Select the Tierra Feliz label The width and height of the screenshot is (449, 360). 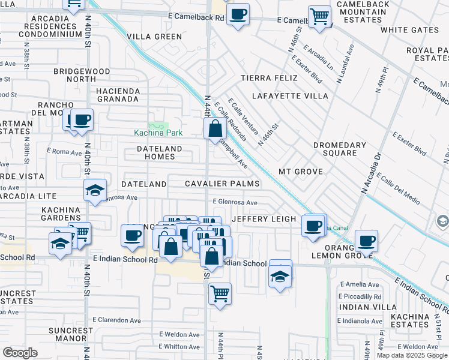pos(269,78)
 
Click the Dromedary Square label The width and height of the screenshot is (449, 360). pos(340,149)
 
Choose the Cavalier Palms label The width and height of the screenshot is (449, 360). pos(222,184)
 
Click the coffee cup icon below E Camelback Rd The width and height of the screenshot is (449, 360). pos(238,13)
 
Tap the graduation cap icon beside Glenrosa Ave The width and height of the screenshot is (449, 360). pos(95,191)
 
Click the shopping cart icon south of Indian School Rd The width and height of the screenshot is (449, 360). pos(220,294)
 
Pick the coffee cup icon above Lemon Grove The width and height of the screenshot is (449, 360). pos(366,241)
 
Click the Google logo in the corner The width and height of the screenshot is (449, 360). pos(20,353)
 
